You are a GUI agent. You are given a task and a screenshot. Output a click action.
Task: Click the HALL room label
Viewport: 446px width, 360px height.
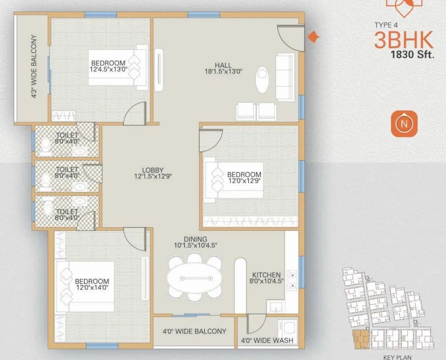pos(223,65)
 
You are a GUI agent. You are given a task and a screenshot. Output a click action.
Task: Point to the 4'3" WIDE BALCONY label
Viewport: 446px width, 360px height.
pos(34,67)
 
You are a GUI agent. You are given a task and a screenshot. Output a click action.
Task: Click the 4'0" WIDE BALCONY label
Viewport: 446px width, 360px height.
pos(194,332)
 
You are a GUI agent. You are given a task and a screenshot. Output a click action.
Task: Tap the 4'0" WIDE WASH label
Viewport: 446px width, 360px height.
pos(266,341)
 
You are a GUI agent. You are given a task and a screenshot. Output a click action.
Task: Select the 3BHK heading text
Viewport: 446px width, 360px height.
pos(404,40)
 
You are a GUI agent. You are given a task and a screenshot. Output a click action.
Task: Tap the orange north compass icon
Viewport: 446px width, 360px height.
pos(404,124)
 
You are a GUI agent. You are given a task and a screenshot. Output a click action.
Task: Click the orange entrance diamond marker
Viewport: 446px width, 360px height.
pos(314,37)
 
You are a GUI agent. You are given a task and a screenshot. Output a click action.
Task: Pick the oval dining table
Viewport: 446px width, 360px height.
pos(195,279)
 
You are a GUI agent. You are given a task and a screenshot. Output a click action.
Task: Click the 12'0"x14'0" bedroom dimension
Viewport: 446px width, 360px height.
pos(92,288)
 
